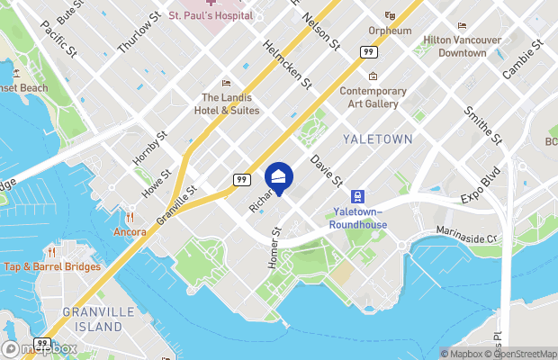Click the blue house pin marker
279,177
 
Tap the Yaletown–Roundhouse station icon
357,196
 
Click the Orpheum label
390,31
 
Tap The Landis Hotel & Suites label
230,103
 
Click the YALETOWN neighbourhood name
377,139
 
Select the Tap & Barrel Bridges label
51,266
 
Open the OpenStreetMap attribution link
518,354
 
